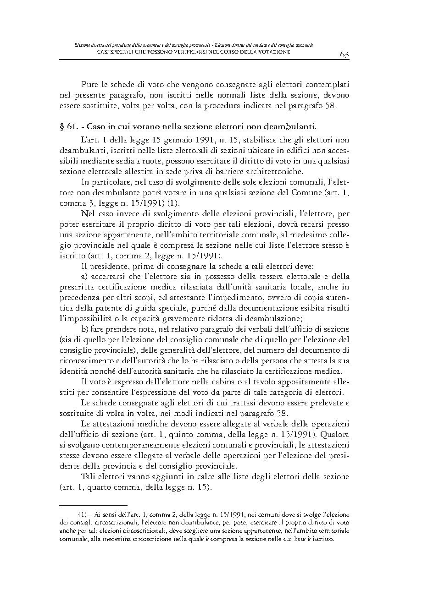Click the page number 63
(x=345, y=55)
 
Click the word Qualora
(x=334, y=434)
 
